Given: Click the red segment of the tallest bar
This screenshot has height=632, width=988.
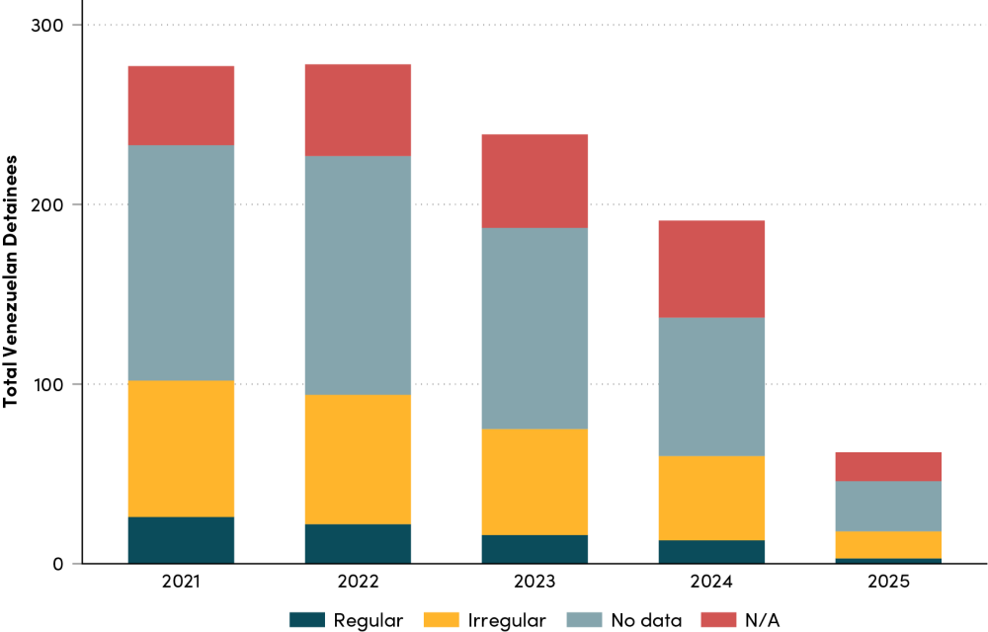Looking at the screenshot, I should pyautogui.click(x=358, y=110).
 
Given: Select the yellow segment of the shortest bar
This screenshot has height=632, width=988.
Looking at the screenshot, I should pyautogui.click(x=888, y=544).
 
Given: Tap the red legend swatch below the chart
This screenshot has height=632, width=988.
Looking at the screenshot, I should pyautogui.click(x=718, y=619).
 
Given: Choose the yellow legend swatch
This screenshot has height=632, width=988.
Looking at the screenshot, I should pyautogui.click(x=442, y=619).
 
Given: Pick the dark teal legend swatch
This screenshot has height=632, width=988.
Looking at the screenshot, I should pyautogui.click(x=306, y=619).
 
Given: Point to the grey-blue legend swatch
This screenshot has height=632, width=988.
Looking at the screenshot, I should pyautogui.click(x=584, y=619).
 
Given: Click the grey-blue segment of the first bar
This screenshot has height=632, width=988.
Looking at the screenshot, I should pyautogui.click(x=181, y=263).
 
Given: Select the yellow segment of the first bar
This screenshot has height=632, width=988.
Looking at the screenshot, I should pyautogui.click(x=181, y=448).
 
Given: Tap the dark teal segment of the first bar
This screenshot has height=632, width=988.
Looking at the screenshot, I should pyautogui.click(x=181, y=539).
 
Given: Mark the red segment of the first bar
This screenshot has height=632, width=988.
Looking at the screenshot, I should pyautogui.click(x=181, y=106).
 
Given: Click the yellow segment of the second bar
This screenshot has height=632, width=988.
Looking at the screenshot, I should pyautogui.click(x=358, y=459).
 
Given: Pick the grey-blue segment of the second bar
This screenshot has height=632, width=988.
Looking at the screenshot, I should pyautogui.click(x=358, y=276).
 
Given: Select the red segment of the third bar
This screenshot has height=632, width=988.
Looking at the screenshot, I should pyautogui.click(x=535, y=181).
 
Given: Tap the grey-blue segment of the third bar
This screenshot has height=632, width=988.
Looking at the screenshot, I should pyautogui.click(x=535, y=328).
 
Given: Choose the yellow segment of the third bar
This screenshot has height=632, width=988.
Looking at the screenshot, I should pyautogui.click(x=535, y=482).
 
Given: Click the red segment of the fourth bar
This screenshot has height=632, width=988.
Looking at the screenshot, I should pyautogui.click(x=711, y=269).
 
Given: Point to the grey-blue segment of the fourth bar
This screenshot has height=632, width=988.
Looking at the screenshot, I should pyautogui.click(x=711, y=386).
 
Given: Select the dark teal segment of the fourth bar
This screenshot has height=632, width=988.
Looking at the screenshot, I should pyautogui.click(x=711, y=551).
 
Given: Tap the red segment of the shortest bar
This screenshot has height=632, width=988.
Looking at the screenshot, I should pyautogui.click(x=888, y=466).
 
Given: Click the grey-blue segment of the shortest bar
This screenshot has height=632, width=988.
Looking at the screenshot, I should pyautogui.click(x=888, y=506).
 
